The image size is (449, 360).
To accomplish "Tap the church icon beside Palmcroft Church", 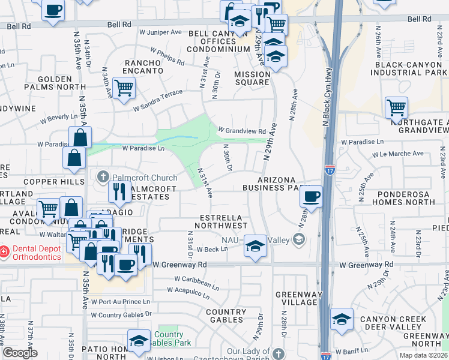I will [103, 177].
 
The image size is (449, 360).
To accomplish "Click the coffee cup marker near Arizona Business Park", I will [311, 196].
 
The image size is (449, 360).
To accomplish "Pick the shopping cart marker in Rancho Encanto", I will [124, 88].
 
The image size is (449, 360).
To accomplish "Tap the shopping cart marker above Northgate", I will [396, 108].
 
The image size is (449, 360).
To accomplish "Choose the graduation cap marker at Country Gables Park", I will [139, 341].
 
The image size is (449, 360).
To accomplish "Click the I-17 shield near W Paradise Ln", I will [330, 170].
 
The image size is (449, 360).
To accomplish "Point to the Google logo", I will [20, 353].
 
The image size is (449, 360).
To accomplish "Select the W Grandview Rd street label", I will [241, 130].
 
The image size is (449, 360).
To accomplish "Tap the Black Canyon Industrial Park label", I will [409, 68].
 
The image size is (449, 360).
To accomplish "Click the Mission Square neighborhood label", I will [252, 79].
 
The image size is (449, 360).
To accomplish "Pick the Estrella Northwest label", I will [224, 221].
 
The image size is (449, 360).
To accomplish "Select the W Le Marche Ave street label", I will [399, 154].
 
